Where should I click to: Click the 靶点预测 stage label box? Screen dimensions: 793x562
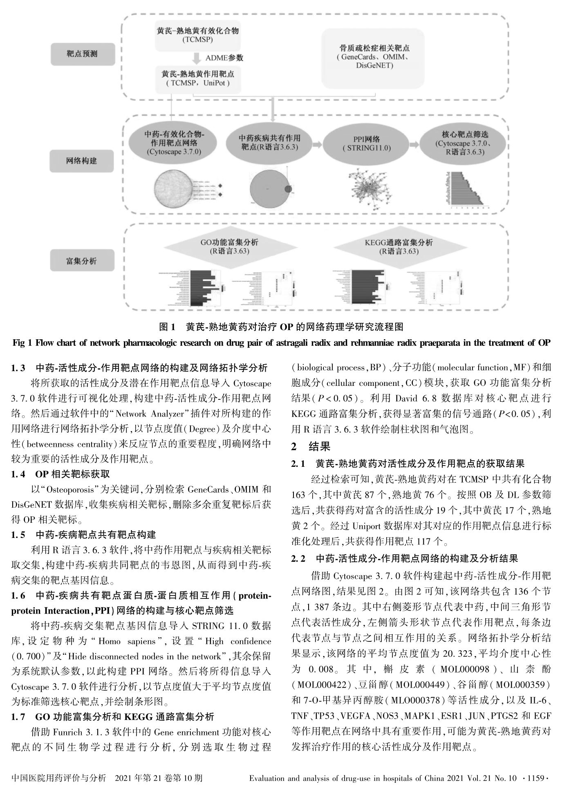point(83,54)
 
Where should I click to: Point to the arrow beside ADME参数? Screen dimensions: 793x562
point(197,58)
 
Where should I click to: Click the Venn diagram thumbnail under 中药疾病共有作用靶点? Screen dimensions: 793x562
point(270,188)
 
